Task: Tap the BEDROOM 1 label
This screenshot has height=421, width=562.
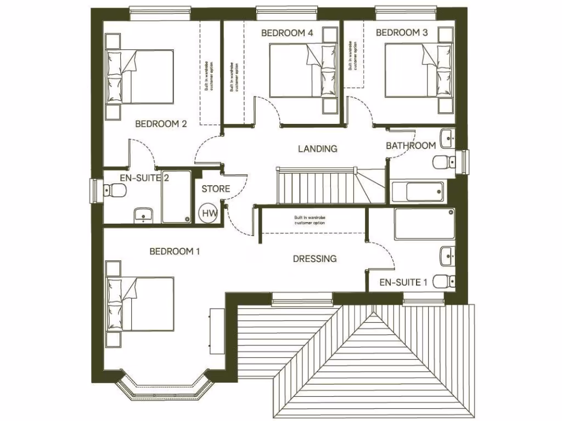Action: (x=175, y=252)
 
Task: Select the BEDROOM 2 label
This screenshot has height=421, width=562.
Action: (x=161, y=124)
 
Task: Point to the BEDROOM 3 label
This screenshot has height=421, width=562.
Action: (x=402, y=33)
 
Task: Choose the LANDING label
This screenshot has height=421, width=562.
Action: (x=317, y=149)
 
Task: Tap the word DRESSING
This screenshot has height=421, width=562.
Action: (x=314, y=259)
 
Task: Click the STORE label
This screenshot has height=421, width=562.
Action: (x=216, y=189)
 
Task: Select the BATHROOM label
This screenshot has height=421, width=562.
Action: (x=411, y=146)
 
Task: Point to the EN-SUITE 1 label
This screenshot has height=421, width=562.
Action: (x=403, y=283)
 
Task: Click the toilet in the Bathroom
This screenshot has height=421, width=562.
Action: (x=444, y=162)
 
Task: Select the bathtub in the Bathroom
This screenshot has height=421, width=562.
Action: (x=418, y=192)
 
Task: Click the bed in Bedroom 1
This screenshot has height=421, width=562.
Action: (x=142, y=303)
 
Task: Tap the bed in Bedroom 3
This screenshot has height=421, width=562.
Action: (x=420, y=71)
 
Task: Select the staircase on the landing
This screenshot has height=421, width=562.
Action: (x=316, y=186)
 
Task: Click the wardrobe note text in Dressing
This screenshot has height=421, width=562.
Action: (x=310, y=220)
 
